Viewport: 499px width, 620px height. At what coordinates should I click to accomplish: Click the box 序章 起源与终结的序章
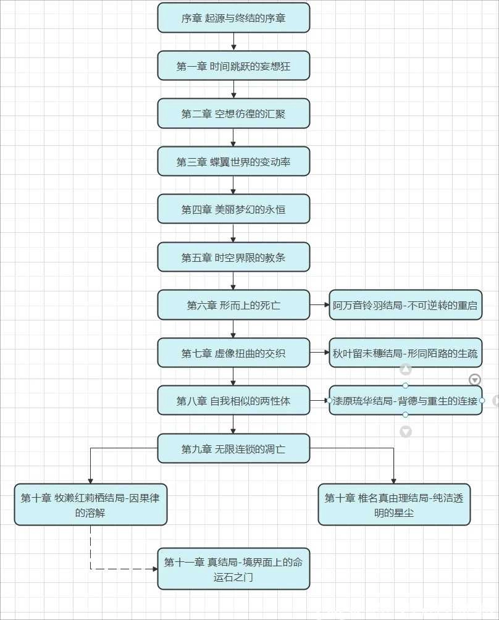coord(233,18)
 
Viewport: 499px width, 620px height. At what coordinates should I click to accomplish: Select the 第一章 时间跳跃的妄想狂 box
coord(233,66)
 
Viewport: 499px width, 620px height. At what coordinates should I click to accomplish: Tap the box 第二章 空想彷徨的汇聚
coord(233,114)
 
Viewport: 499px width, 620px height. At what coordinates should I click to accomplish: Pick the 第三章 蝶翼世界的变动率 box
coord(233,162)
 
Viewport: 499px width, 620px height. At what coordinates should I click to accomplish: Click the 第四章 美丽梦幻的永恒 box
coord(233,209)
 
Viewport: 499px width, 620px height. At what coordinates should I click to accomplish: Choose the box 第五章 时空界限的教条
coord(233,258)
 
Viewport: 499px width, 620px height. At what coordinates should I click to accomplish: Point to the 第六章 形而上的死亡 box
coord(233,305)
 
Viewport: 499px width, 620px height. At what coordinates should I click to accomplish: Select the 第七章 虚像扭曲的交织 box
coord(233,353)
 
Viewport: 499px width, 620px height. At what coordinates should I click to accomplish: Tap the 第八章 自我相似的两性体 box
coord(233,401)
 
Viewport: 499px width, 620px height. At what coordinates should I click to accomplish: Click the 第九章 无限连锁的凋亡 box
coord(233,449)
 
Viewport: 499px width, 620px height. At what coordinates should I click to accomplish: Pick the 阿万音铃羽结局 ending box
coord(405,305)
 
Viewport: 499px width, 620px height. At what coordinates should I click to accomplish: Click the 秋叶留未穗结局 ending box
coord(405,353)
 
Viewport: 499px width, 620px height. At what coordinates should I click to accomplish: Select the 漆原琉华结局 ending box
coord(405,401)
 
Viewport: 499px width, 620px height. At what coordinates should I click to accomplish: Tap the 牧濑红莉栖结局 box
coord(91,505)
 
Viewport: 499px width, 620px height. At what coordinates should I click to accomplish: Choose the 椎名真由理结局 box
coord(394,505)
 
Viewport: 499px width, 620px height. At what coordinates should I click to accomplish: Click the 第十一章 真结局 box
coord(233,569)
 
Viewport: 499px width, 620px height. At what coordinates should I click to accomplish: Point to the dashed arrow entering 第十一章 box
coord(124,569)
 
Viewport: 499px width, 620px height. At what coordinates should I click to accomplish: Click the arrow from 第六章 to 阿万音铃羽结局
coord(319,305)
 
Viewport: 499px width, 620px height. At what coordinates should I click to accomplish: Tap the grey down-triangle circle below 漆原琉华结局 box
coord(406,432)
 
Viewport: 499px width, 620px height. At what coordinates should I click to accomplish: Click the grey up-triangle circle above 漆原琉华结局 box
coord(406,370)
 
